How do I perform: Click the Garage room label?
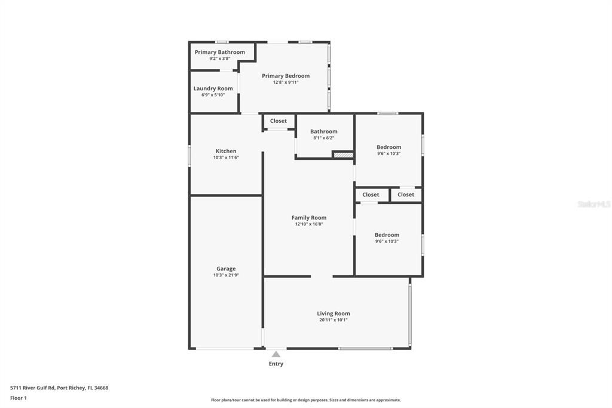pyautogui.click(x=226, y=269)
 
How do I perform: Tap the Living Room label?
pyautogui.click(x=333, y=313)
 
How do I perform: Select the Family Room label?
pyautogui.click(x=309, y=218)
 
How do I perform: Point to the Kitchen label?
pyautogui.click(x=226, y=151)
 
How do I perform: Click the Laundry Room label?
pyautogui.click(x=213, y=89)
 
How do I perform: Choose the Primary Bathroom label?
pyautogui.click(x=220, y=52)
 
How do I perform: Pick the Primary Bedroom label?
pyautogui.click(x=286, y=76)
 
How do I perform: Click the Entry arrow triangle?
pyautogui.click(x=276, y=354)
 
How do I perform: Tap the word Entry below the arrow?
pyautogui.click(x=276, y=364)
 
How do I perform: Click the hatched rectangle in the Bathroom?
pyautogui.click(x=343, y=155)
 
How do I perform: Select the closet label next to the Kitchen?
pyautogui.click(x=279, y=121)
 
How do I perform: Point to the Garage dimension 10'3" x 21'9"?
pyautogui.click(x=226, y=275)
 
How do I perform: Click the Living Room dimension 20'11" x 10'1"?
pyautogui.click(x=333, y=320)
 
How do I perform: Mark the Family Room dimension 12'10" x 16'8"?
pyautogui.click(x=309, y=224)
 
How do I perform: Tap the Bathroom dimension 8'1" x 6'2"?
pyautogui.click(x=324, y=138)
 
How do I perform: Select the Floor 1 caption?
pyautogui.click(x=19, y=398)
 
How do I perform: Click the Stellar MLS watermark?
pyautogui.click(x=593, y=204)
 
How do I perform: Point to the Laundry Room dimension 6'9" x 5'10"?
pyautogui.click(x=213, y=95)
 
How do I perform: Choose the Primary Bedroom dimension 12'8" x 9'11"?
pyautogui.click(x=286, y=82)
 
